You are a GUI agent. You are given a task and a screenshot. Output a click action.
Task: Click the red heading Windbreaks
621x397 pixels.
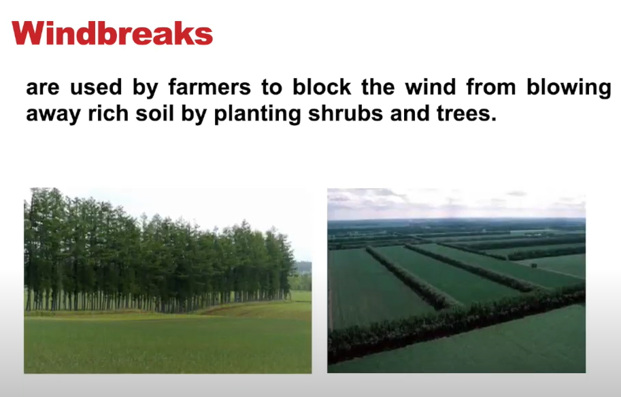[x=112, y=33]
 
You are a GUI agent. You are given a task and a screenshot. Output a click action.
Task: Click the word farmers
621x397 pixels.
[x=209, y=87]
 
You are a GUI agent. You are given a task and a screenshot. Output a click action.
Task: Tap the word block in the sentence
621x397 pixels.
[x=322, y=87]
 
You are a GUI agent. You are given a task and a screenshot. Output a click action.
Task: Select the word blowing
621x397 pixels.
[x=569, y=88]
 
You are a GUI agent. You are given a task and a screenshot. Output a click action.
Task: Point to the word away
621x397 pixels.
[x=52, y=115]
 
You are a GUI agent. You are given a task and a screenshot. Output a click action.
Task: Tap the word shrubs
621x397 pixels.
[x=346, y=114]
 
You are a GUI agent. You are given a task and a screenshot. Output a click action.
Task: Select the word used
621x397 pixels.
[x=96, y=87]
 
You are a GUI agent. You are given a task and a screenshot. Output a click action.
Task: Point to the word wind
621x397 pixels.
[x=430, y=87]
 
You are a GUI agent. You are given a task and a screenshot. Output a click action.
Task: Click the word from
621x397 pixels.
[x=491, y=87]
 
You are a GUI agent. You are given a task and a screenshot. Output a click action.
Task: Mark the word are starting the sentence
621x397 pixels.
[x=43, y=88]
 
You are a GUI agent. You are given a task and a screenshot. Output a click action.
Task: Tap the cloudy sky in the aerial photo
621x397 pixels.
[x=456, y=203]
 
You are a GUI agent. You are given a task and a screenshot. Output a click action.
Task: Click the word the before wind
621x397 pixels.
[x=377, y=87]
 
